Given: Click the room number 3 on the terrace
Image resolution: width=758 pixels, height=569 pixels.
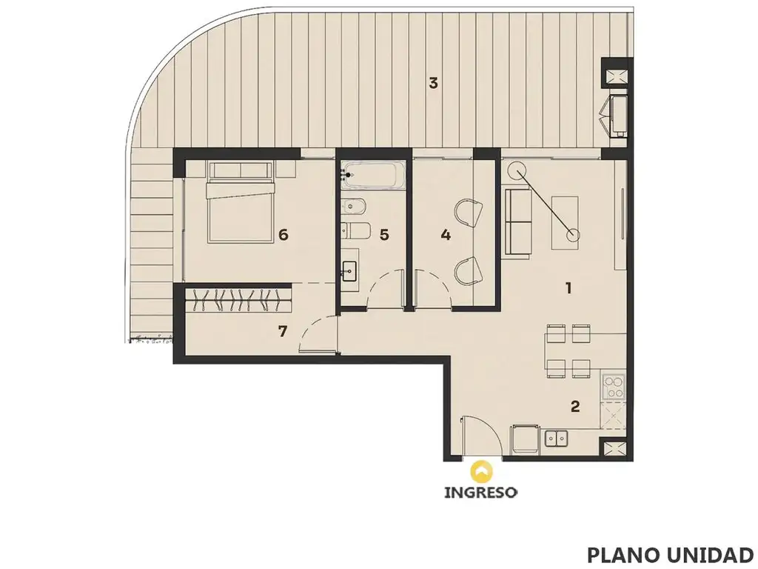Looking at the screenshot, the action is tap(433, 83).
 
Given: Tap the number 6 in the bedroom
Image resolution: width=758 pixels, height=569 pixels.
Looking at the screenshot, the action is tap(284, 235).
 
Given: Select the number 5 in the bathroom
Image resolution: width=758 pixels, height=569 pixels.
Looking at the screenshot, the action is tap(384, 235).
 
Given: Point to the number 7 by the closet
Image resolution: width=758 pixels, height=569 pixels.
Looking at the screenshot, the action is tap(283, 331).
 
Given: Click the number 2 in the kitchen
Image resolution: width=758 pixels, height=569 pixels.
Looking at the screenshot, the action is tap(574, 406).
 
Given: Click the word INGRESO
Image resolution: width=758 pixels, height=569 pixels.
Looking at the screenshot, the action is tap(480, 493).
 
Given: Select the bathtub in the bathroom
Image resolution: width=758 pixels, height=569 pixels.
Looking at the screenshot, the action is tap(373, 175).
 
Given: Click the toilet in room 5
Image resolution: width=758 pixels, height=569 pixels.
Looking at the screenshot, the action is tap(355, 230).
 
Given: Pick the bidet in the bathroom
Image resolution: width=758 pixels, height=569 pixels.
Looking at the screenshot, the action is tap(355, 207).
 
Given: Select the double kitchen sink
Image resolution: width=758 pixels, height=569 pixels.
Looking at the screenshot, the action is tap(557, 439).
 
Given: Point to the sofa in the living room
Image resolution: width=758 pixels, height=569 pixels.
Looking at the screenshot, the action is tap(517, 222).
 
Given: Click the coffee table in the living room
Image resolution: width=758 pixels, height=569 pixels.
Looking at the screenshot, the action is tap(565, 222).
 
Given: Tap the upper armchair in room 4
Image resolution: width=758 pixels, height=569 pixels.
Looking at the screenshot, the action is tap(469, 213).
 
